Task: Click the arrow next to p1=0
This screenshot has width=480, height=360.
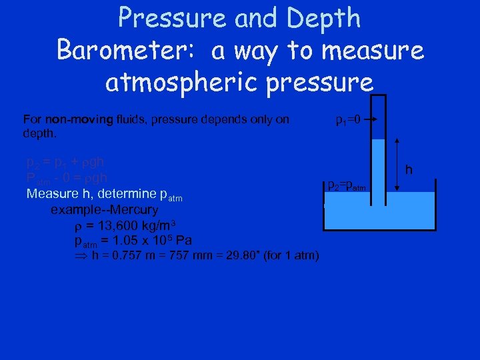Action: (371, 121)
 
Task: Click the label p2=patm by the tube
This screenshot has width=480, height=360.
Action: (346, 185)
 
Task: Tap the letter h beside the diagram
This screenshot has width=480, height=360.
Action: (409, 171)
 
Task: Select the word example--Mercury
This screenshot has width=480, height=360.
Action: (104, 210)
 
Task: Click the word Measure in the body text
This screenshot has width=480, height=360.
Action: (51, 195)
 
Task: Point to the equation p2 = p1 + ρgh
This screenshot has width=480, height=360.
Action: (64, 162)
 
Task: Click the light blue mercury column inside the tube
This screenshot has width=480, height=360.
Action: (377, 167)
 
